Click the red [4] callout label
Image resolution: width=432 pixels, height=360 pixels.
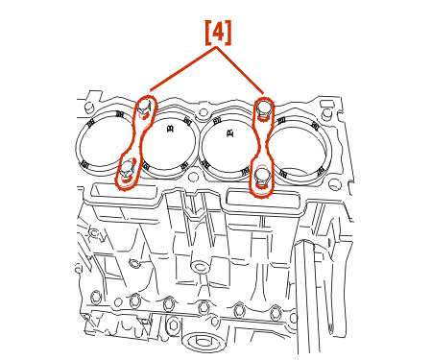218,33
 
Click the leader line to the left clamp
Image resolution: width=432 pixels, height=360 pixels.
183,69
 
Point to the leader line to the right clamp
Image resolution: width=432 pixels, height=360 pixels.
240,70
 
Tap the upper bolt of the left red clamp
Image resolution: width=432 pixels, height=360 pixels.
144,108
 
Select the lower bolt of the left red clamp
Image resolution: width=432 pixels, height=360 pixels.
127,170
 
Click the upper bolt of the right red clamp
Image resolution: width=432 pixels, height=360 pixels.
263,110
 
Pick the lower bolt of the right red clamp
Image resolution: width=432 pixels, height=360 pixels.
262,178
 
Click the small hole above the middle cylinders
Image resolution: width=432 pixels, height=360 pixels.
203,112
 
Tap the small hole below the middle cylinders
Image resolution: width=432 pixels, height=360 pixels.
193,177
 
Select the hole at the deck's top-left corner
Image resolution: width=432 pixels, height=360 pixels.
88,107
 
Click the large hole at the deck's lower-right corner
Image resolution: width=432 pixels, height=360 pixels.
335,184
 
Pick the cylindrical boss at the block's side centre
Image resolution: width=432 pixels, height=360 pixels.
200,266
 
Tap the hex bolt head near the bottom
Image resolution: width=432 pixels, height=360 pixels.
173,325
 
